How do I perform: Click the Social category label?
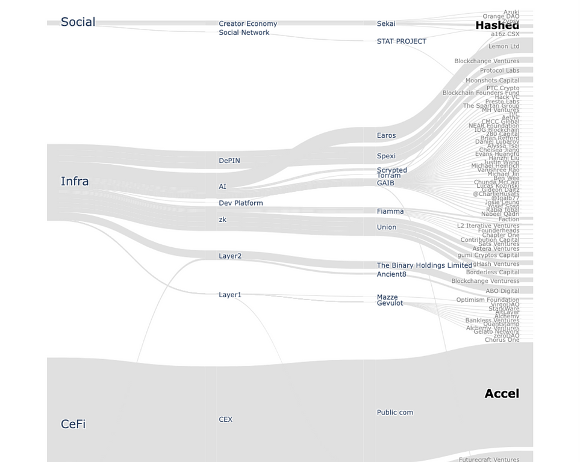[x=78, y=22]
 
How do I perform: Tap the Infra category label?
[x=75, y=181]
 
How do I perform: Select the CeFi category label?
[x=73, y=424]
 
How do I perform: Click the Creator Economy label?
[x=248, y=24]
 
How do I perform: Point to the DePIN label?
[x=229, y=161]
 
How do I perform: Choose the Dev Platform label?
[x=240, y=203]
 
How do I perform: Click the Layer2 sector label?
[x=229, y=256]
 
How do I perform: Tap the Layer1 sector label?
[x=229, y=295]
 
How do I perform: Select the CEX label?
[x=225, y=419]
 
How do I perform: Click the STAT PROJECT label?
[x=401, y=42]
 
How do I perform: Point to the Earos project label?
[x=386, y=136]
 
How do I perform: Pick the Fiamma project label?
[x=390, y=212]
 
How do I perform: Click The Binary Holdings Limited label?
[x=424, y=265]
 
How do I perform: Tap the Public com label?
[x=394, y=413]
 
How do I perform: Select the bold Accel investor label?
[x=501, y=393]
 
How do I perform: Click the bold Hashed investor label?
[x=497, y=25]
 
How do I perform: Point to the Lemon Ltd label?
[x=504, y=46]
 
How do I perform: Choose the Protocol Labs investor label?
[x=499, y=71]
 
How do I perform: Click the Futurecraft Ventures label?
[x=488, y=460]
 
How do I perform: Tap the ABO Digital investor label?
[x=502, y=291]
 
